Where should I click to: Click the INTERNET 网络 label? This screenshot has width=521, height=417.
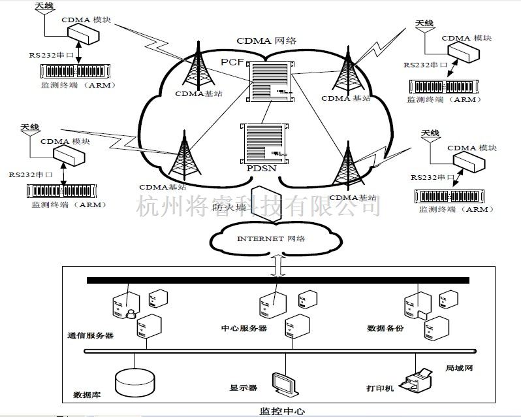(270, 239)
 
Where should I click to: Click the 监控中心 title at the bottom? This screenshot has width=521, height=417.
(282, 411)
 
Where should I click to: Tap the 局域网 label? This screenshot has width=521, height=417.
(458, 369)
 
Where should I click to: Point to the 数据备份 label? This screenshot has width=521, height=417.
(385, 328)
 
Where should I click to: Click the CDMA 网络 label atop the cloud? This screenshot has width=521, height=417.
(266, 41)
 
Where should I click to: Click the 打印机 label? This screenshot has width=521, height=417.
(381, 388)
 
